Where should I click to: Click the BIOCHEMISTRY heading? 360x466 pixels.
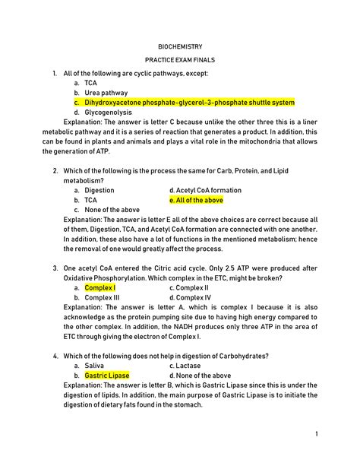180,46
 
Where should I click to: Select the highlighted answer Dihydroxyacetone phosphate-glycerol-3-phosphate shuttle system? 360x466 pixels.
189,102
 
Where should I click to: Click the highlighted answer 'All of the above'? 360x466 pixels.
196,200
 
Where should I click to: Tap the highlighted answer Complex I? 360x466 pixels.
100,288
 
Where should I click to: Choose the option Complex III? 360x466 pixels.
102,298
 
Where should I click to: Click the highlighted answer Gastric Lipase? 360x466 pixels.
107,376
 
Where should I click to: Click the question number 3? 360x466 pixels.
56,268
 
